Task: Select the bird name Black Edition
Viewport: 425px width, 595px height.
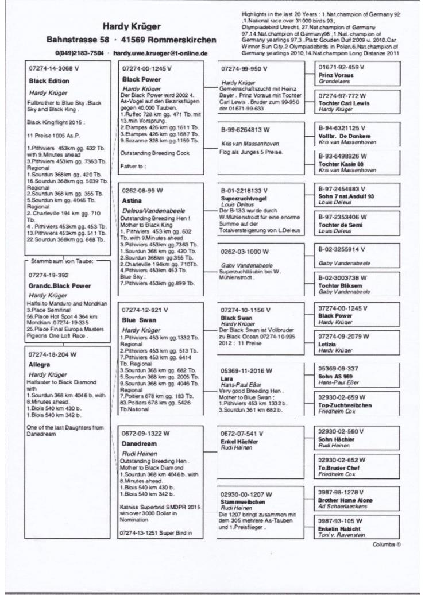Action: (x=49, y=81)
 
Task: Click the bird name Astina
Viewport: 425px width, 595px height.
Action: (x=132, y=202)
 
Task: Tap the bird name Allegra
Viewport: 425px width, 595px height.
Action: (x=41, y=364)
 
